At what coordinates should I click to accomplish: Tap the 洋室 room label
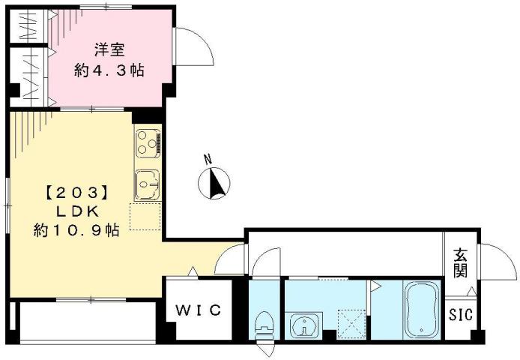pos(109,50)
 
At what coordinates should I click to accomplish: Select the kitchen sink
pos(147,181)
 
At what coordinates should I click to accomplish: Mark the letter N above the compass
pos(210,159)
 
